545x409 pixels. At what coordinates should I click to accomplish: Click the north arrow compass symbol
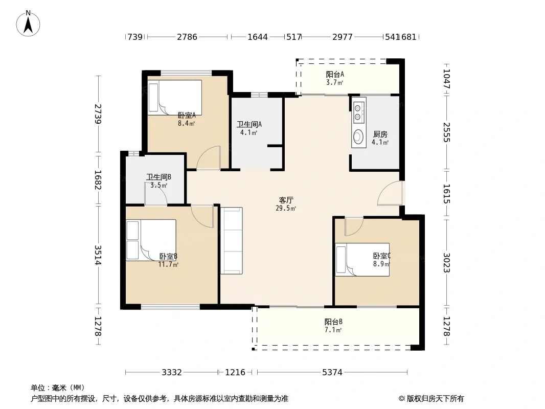click(x=28, y=24)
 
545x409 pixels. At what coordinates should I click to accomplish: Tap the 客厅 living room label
click(x=286, y=200)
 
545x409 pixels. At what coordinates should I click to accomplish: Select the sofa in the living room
click(x=232, y=241)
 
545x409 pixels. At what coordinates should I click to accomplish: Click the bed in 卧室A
click(x=175, y=98)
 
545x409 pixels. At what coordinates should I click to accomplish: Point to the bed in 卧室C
click(x=362, y=260)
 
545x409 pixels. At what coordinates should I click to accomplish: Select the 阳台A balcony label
click(x=335, y=74)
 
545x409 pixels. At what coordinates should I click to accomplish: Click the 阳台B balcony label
click(x=333, y=322)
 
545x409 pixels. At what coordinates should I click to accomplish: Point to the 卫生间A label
click(x=249, y=124)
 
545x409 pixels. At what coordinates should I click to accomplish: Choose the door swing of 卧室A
click(x=209, y=158)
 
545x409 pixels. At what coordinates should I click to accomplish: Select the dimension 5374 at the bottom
click(x=332, y=373)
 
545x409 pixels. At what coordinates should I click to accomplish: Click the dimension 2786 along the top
click(x=187, y=37)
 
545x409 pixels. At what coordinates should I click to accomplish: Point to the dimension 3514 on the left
click(x=98, y=255)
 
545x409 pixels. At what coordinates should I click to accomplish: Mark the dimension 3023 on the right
click(x=447, y=263)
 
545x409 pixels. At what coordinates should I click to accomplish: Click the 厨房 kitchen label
click(x=380, y=134)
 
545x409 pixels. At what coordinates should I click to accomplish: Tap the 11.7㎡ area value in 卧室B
click(x=168, y=264)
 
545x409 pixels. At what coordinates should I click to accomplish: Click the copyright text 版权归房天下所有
click(x=435, y=399)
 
